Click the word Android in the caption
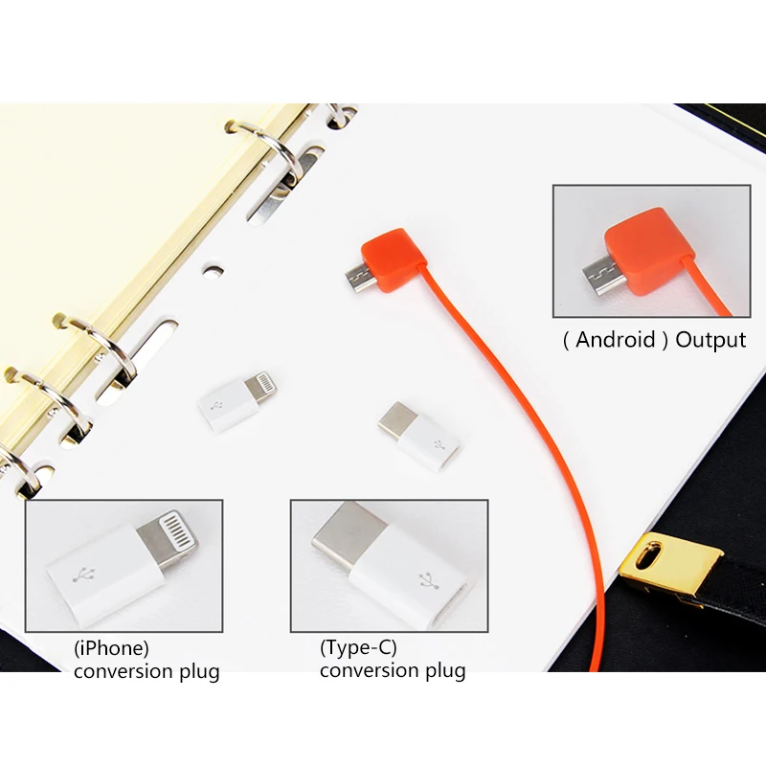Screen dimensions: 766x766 coord(616,340)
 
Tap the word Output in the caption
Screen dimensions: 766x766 coord(710,340)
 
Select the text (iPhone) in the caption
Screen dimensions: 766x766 coord(112,647)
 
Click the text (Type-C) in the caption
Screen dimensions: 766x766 coord(358,647)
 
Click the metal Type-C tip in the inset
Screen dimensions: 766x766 coord(342,539)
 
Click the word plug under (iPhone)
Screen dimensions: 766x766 coord(196,671)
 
